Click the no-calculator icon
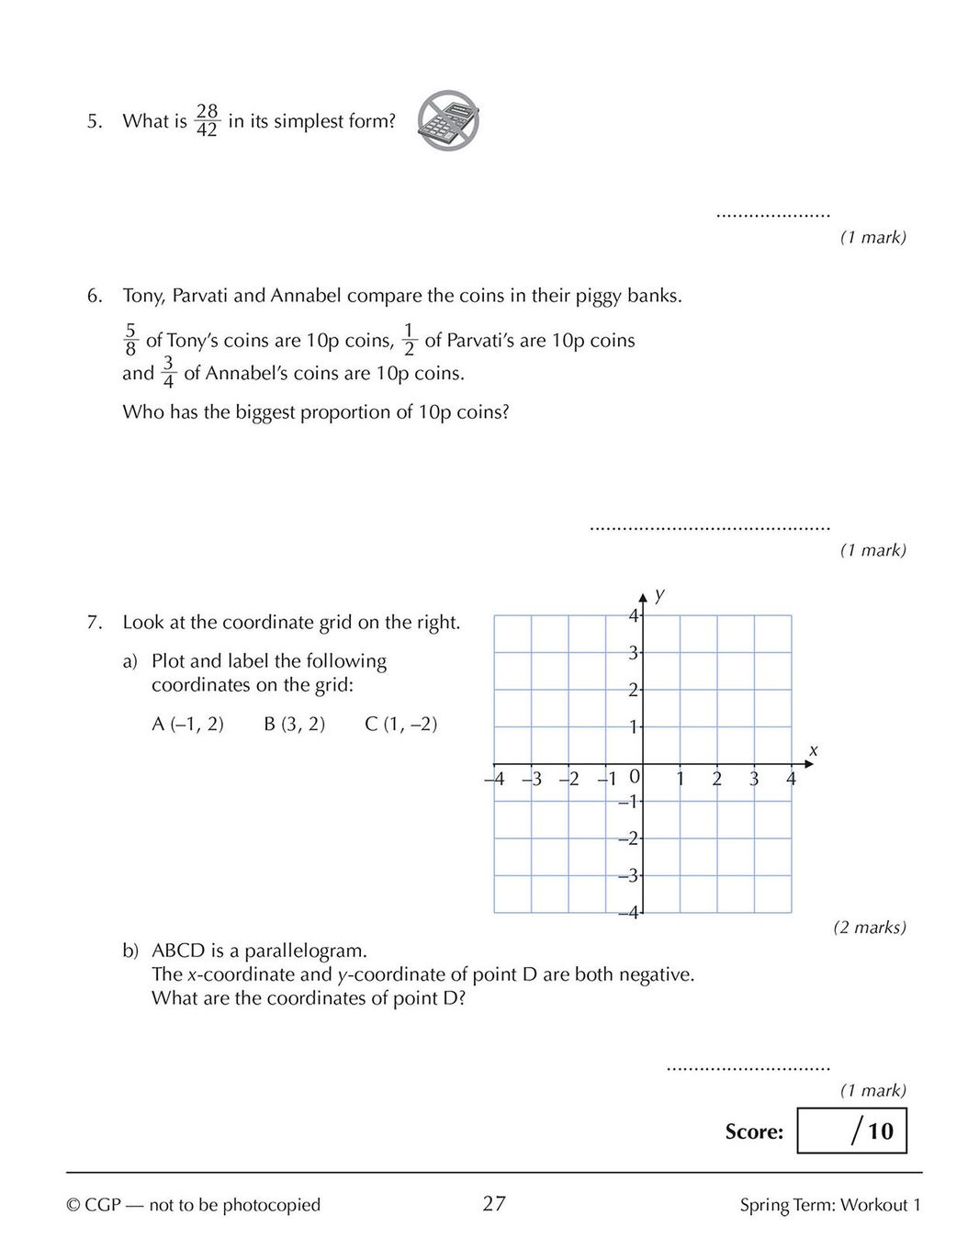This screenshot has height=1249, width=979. click(x=448, y=120)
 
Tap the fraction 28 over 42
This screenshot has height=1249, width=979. click(x=207, y=120)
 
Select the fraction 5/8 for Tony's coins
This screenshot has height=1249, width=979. click(x=130, y=340)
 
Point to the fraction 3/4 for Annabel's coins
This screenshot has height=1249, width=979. click(x=168, y=373)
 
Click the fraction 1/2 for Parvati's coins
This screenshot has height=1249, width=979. click(x=409, y=340)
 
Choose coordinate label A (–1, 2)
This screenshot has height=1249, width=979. click(x=187, y=724)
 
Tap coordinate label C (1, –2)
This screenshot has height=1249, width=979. click(x=400, y=724)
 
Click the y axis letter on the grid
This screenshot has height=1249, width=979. click(x=659, y=594)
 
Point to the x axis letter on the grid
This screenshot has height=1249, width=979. click(x=813, y=751)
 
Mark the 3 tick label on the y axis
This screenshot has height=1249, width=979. click(x=632, y=653)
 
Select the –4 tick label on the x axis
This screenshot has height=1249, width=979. click(x=495, y=780)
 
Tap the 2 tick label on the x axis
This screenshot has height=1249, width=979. click(x=716, y=780)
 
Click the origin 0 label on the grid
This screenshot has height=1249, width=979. click(x=633, y=776)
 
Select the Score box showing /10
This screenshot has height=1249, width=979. click(x=851, y=1131)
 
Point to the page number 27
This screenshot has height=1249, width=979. click(x=494, y=1204)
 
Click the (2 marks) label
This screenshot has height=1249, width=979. click(x=869, y=927)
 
